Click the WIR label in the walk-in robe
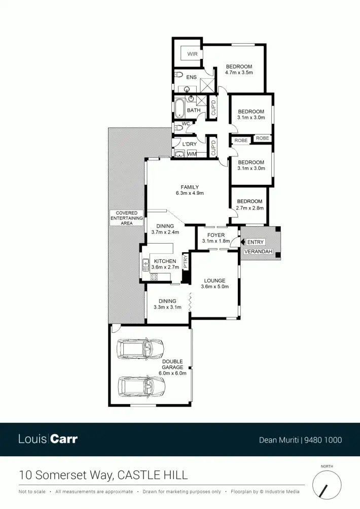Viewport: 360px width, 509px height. (192, 54)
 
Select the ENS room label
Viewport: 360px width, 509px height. (191, 77)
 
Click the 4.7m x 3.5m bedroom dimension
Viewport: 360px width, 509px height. (239, 73)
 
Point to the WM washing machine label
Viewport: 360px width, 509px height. (192, 153)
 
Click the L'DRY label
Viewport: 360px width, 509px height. (189, 144)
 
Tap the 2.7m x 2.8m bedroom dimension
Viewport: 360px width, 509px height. (249, 208)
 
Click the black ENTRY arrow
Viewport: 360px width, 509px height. (243, 242)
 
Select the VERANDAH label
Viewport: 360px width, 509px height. (259, 252)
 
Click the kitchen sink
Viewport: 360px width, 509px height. (145, 264)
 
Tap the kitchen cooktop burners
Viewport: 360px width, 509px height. (154, 277)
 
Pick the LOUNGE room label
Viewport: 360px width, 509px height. (214, 281)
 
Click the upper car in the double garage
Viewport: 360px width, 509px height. (140, 349)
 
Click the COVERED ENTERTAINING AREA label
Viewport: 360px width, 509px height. (127, 218)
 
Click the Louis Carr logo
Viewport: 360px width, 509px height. (48, 439)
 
